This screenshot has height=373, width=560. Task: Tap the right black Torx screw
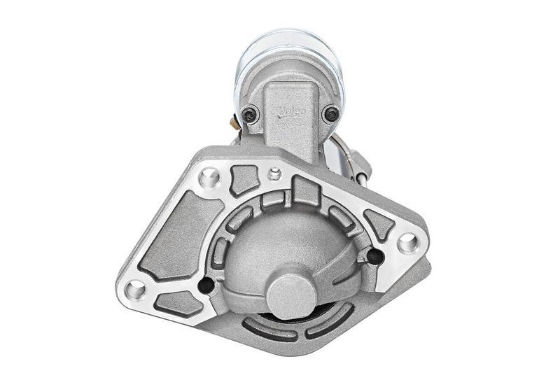click(330, 113)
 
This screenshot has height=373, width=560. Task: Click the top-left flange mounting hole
click(209, 176)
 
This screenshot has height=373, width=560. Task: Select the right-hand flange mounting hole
click(407, 243)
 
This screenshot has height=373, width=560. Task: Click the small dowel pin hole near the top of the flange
click(275, 173)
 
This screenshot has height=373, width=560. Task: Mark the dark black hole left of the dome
click(206, 285)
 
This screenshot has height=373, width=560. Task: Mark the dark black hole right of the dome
click(374, 257)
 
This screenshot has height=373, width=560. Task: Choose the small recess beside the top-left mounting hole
click(243, 178)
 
